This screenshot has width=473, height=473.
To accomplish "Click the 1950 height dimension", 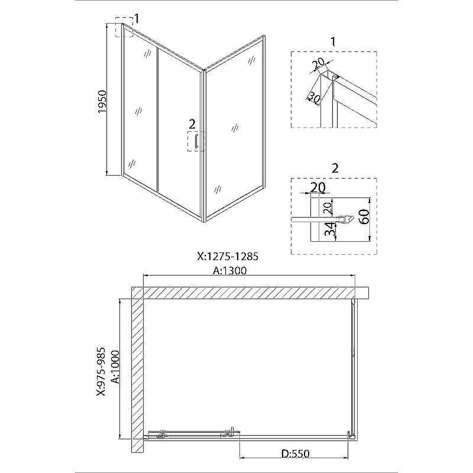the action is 102,101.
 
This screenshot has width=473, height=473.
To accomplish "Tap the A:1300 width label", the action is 229,270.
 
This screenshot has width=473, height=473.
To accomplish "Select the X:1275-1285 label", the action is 228,256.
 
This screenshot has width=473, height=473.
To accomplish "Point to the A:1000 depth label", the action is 115,367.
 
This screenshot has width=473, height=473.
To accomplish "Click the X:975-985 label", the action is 101,371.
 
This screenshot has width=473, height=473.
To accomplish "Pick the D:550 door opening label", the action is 295,453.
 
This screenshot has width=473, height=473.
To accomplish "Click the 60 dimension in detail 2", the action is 364,216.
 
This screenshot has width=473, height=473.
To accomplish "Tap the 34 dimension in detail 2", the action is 331,229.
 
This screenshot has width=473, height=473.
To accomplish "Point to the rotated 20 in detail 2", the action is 327,208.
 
